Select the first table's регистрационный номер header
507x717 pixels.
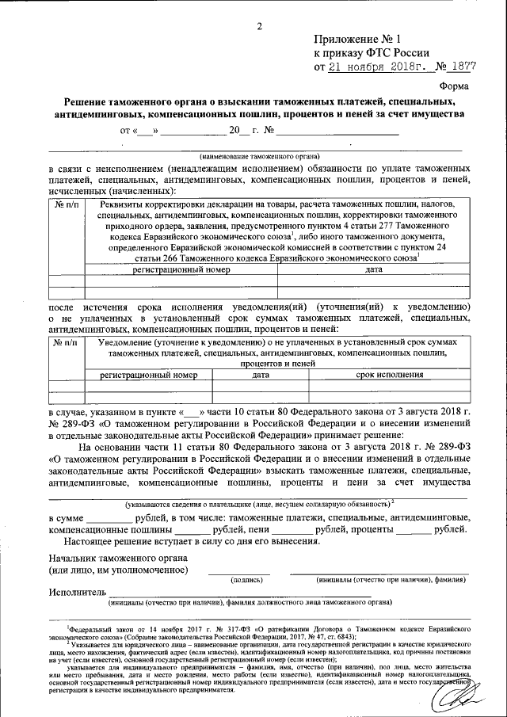click(181, 270)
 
